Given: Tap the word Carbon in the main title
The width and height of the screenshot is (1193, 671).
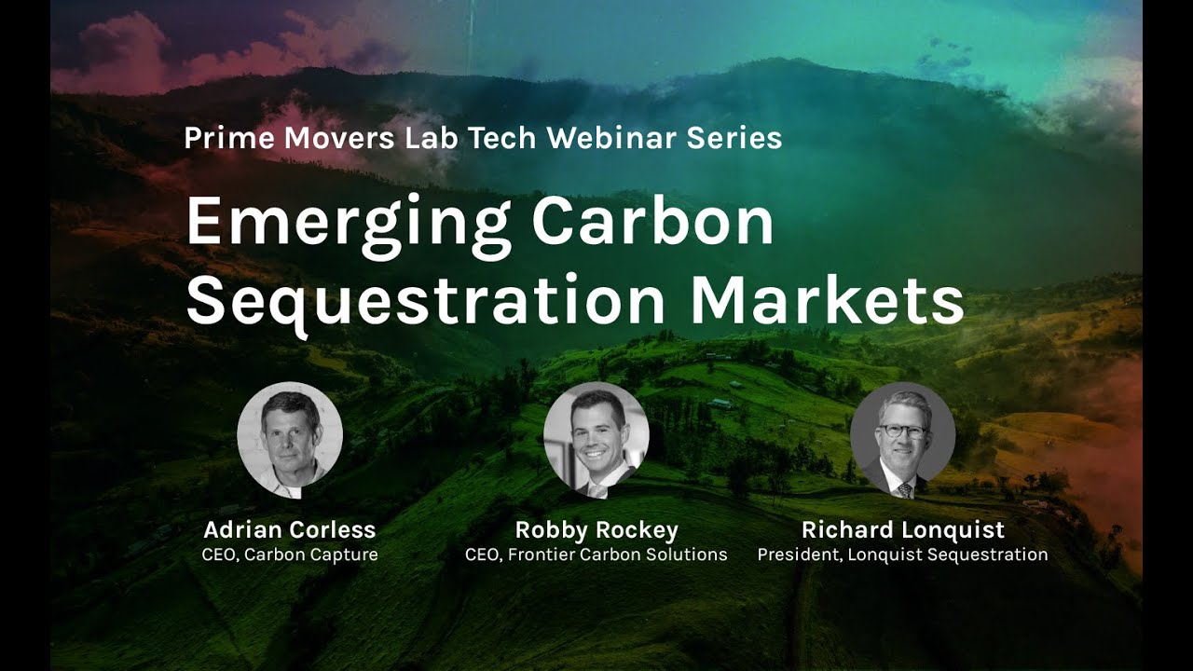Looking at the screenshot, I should click(652, 221).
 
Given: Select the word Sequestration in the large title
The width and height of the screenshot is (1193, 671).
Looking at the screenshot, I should click(425, 300).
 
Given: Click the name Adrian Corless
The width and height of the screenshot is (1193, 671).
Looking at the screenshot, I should click(290, 530).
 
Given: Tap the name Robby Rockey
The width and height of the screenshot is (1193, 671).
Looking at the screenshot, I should click(596, 530).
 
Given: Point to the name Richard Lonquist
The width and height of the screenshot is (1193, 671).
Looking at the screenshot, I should click(902, 530).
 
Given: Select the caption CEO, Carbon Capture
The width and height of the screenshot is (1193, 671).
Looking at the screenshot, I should click(290, 555).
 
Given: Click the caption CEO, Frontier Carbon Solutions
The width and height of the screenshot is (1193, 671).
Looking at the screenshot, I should click(596, 555).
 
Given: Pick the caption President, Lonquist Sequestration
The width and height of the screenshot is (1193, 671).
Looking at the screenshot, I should click(902, 555).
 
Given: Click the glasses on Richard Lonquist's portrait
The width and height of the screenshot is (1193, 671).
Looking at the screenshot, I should click(901, 431).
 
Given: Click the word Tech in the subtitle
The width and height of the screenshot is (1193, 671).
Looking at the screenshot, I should click(503, 138).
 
